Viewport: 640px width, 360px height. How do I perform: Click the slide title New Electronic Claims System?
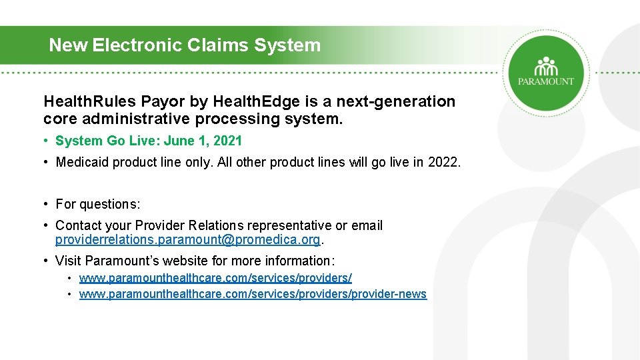185,45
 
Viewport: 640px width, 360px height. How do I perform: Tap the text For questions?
98,204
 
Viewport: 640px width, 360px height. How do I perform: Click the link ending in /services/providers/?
215,277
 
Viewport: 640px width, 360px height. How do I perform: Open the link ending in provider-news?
253,294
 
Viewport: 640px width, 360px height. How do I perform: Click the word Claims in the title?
217,45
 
